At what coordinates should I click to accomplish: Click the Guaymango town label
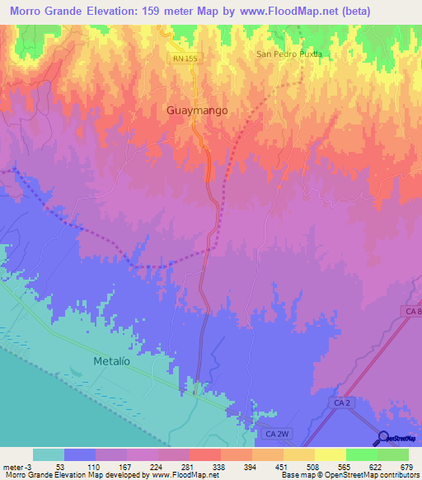coord(196,110)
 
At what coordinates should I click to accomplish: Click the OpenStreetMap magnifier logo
coord(383,438)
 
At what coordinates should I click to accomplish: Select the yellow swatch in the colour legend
coord(330,454)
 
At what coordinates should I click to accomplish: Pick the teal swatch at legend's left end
coord(48,454)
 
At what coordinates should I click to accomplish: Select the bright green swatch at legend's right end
coord(392,454)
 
